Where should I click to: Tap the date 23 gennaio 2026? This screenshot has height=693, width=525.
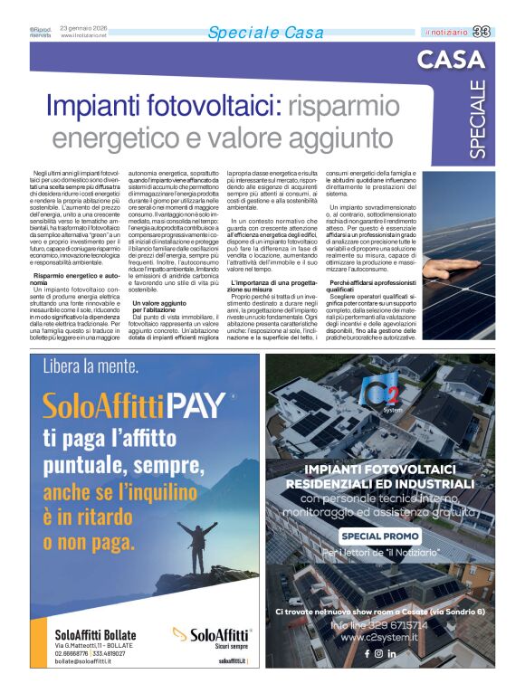pyautogui.click(x=83, y=28)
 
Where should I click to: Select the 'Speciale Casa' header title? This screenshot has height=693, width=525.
pyautogui.click(x=264, y=33)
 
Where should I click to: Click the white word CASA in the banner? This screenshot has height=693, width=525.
pyautogui.click(x=451, y=61)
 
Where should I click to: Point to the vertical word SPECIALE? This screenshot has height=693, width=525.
pyautogui.click(x=477, y=119)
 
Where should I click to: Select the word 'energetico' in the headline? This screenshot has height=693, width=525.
pyautogui.click(x=112, y=138)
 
